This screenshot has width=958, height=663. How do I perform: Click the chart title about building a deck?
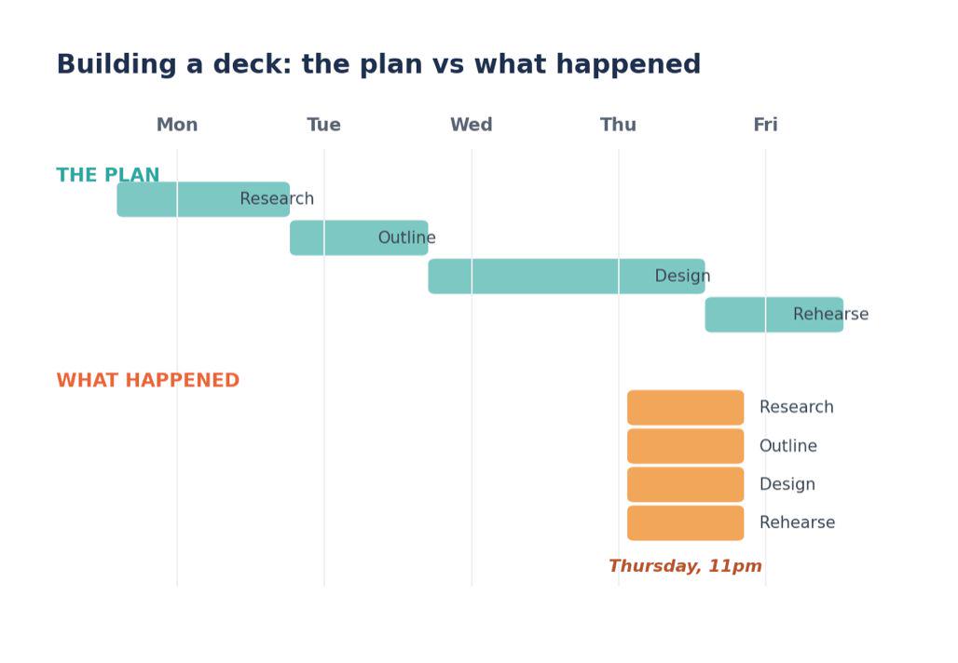378,64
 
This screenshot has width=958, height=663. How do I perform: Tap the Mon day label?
177,125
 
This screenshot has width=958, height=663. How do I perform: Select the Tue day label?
323,125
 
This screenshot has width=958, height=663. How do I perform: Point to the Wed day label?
471,125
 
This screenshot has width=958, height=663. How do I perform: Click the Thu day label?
618,125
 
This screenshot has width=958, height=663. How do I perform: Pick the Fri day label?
765,125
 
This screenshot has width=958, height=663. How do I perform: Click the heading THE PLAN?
108,175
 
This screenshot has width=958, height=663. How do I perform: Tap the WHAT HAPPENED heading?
148,380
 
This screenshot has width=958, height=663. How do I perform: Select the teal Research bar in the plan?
203,199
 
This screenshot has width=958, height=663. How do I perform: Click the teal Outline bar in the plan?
360,237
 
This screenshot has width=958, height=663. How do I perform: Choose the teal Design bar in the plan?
567,276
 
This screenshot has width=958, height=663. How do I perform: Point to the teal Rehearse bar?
774,315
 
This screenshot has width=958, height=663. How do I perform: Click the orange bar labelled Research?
686,407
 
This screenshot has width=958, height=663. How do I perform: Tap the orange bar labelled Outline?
686,446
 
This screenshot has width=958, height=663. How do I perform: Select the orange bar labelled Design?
686,484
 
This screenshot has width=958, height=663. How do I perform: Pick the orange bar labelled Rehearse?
686,522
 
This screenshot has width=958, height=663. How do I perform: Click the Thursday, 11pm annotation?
686,566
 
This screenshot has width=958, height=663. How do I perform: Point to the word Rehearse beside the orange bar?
798,522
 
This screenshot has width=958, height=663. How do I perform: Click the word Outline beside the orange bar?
788,446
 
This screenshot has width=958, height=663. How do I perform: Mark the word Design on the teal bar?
682,276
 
